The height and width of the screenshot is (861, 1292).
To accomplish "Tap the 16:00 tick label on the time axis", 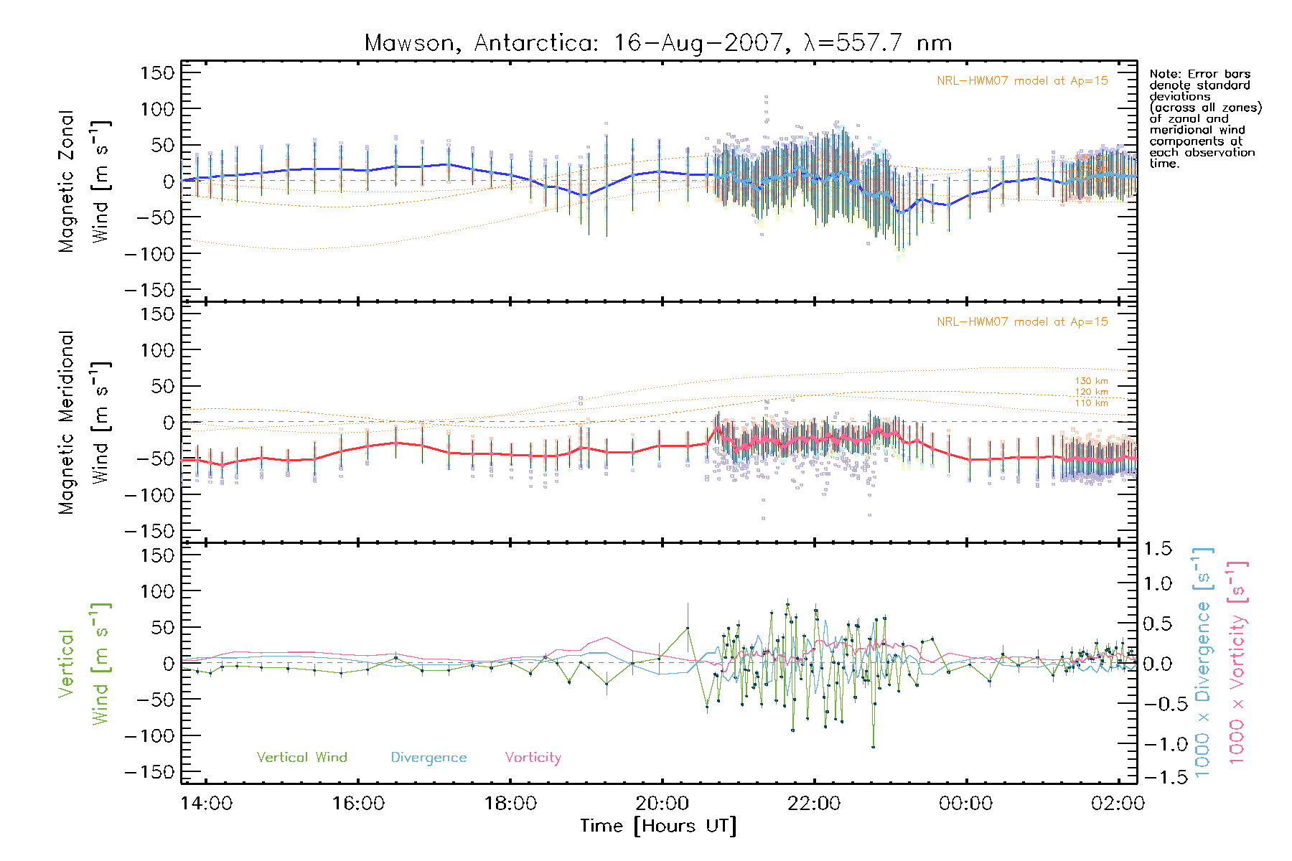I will click(x=358, y=804).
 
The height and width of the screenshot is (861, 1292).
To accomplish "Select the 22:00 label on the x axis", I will click(x=814, y=804).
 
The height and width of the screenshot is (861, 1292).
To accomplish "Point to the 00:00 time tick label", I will click(x=965, y=804).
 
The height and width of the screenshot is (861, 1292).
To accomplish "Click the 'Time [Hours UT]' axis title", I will click(x=658, y=827).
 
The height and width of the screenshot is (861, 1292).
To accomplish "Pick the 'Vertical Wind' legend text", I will click(x=301, y=758).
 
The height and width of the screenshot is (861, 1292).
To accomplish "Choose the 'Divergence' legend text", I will click(x=429, y=758).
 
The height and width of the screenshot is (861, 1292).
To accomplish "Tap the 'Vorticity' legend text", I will click(x=533, y=758).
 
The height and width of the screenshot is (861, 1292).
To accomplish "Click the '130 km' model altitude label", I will click(x=1091, y=381).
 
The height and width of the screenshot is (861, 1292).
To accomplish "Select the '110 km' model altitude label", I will click(x=1091, y=403).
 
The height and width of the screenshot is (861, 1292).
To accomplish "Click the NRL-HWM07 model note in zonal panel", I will click(x=1022, y=81).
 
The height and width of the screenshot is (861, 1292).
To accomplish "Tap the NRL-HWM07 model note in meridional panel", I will click(x=1022, y=322).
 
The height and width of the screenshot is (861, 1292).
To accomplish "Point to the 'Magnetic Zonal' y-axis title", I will click(x=67, y=182).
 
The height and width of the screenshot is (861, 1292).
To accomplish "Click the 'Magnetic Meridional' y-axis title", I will click(x=67, y=423).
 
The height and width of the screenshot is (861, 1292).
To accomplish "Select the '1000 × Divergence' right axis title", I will click(x=1202, y=662).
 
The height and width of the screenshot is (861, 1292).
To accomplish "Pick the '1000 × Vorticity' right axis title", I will click(x=1237, y=662).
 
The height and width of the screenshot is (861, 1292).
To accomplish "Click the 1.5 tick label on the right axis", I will click(x=1158, y=549).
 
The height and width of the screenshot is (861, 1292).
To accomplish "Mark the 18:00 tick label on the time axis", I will click(x=510, y=804).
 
